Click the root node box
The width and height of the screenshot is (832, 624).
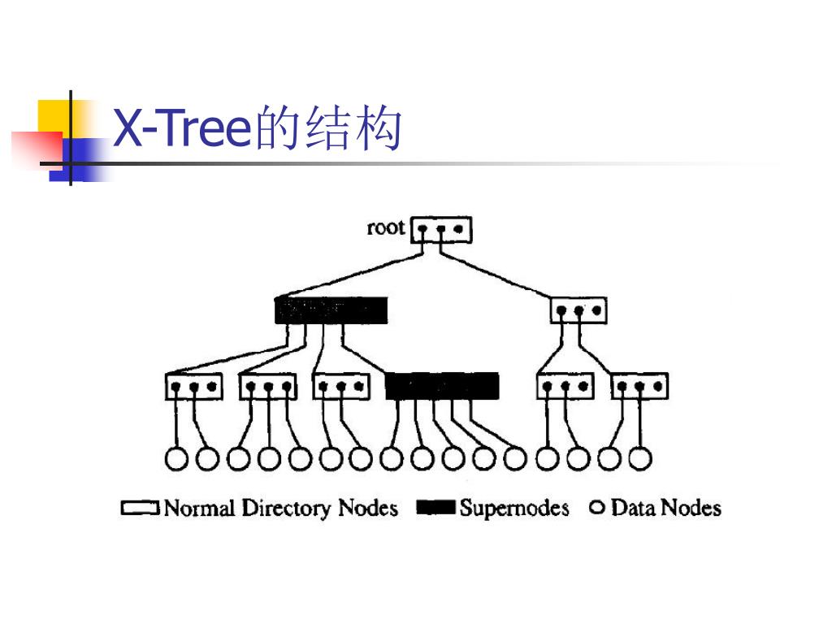coord(441,229)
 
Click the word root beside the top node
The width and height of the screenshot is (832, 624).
coord(385,227)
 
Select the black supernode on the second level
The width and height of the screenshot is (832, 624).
coord(331,310)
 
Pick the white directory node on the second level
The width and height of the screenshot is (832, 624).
coord(578,310)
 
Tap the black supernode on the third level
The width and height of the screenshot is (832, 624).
coord(442,386)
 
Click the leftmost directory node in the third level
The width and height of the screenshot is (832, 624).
coord(194,386)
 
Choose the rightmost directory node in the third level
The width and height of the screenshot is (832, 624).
coord(639,386)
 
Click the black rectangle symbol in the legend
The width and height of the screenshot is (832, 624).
coord(435,509)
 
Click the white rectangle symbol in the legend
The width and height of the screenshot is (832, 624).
coord(140,509)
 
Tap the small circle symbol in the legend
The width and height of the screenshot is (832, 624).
coord(597,508)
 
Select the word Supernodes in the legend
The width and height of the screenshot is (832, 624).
coord(513,509)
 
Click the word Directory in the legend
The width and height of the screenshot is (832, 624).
coord(287,509)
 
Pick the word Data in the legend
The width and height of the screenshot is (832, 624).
coord(632,508)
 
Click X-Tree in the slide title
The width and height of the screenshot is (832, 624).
coord(180,129)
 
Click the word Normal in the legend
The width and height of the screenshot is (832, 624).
coord(199,509)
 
